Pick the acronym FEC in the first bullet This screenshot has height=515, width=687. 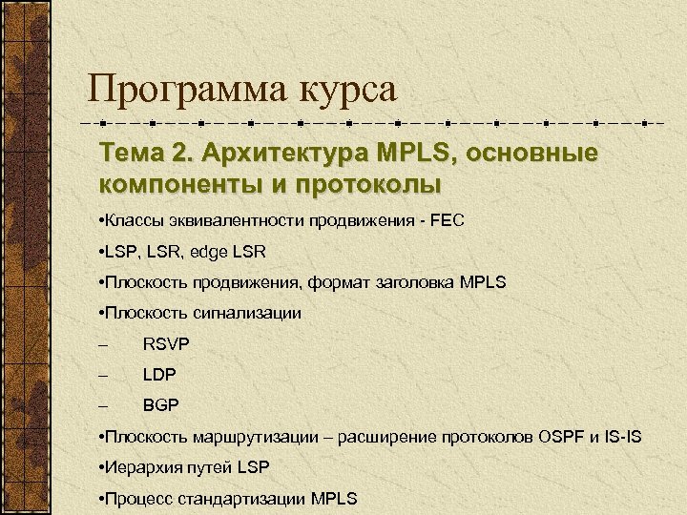(446, 221)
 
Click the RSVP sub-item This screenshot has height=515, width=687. (165, 343)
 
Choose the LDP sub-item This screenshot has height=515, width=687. (160, 375)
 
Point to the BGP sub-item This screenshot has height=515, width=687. (161, 405)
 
